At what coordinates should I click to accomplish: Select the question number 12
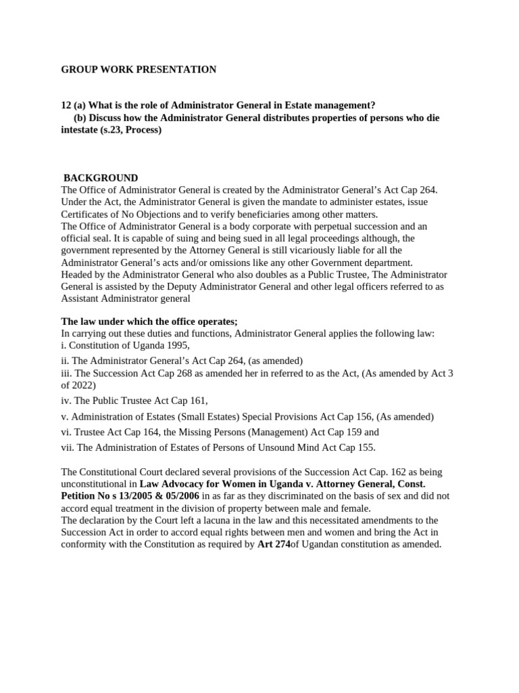pyautogui.click(x=66, y=105)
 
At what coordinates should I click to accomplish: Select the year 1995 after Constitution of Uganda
pyautogui.click(x=176, y=345)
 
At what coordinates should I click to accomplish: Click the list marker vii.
pyautogui.click(x=68, y=447)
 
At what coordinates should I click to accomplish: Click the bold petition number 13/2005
pyautogui.click(x=127, y=496)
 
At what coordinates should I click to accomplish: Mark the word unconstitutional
pyautogui.click(x=97, y=484)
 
